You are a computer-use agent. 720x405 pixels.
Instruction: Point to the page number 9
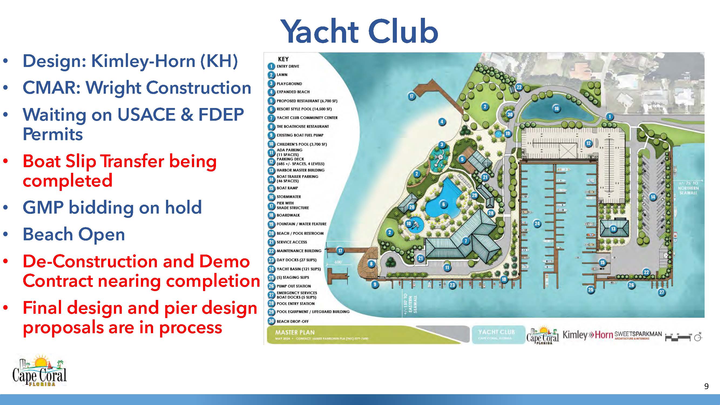[x=706, y=386]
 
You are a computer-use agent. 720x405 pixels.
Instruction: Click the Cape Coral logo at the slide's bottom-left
[x=39, y=371]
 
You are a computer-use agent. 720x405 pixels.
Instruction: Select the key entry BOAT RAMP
[x=287, y=188]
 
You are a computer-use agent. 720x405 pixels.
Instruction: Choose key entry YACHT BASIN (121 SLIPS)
[x=298, y=269]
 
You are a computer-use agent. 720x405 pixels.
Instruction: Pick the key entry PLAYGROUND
[x=289, y=84]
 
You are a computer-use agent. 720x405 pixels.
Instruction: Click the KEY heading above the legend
[x=283, y=59]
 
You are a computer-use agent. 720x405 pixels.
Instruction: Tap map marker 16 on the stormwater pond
[x=556, y=109]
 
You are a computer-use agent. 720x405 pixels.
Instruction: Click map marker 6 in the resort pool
[x=443, y=204]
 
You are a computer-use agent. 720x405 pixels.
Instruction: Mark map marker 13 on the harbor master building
[x=613, y=229]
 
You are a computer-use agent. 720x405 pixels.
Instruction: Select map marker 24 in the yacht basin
[x=537, y=223]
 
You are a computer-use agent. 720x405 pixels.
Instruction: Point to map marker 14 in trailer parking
[x=653, y=197]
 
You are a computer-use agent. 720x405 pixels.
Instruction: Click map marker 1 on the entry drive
[x=610, y=116]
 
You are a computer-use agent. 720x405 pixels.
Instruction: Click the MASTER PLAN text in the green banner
[x=295, y=332]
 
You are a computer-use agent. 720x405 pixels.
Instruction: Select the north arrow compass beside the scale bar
[x=698, y=338]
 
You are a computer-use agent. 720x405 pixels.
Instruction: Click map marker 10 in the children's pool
[x=408, y=223]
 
